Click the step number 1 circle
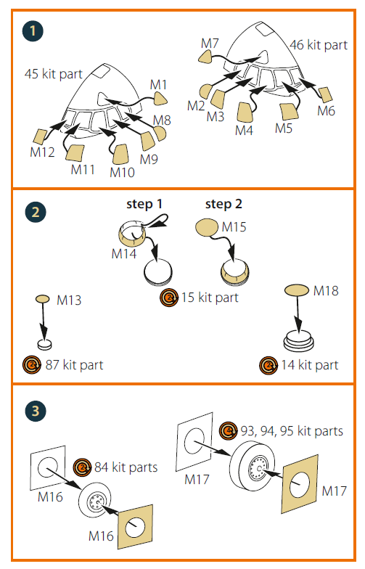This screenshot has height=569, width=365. tap(33, 30)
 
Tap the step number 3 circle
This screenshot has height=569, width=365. tap(36, 411)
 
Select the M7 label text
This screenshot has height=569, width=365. tap(210, 44)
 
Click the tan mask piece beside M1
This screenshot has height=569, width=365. tap(160, 99)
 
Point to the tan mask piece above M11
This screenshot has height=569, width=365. tap(75, 152)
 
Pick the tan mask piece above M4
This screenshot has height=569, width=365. tap(245, 112)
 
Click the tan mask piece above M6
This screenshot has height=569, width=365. tap(325, 94)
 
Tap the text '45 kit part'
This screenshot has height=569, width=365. tap(54, 74)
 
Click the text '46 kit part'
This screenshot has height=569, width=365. tap(319, 45)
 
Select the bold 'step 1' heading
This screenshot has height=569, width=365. tap(144, 204)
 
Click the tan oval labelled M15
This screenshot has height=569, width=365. tap(208, 227)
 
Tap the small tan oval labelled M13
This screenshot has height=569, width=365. tap(43, 299)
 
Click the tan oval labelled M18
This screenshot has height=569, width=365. tap(296, 290)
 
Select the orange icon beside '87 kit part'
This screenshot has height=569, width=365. tap(32, 365)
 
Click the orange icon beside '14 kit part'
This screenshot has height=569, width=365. tap(268, 365)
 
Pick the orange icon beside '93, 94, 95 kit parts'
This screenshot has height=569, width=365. tap(229, 431)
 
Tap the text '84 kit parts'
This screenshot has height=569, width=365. tap(126, 467)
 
